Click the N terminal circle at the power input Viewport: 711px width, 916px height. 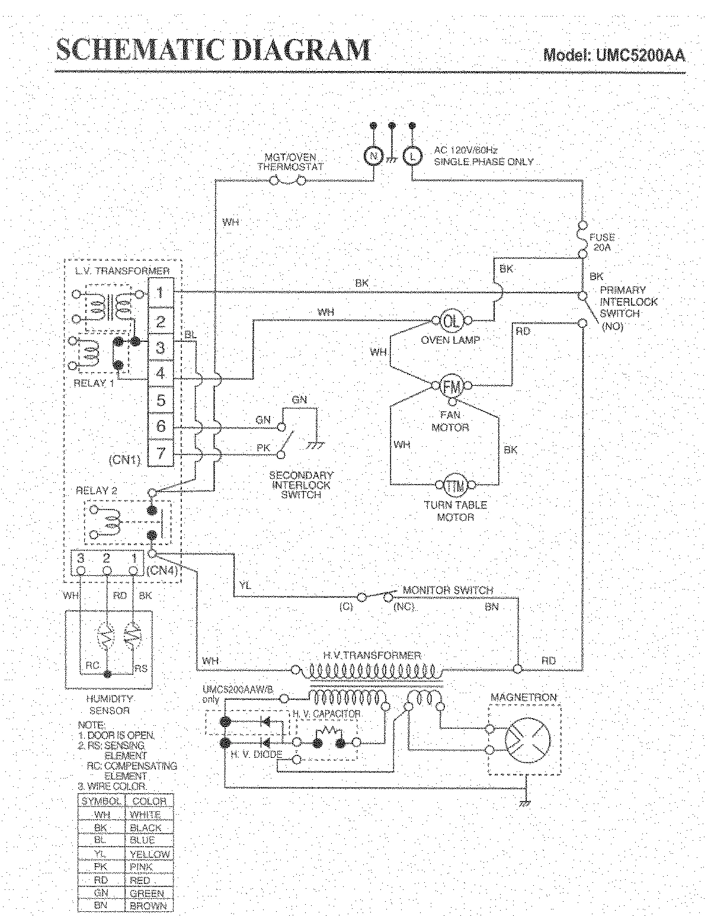tap(373, 155)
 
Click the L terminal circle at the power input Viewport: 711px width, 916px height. tap(412, 155)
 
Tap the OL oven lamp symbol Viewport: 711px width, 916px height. tap(451, 321)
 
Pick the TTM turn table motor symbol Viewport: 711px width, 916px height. tap(455, 484)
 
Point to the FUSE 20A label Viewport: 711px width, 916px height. tap(601, 242)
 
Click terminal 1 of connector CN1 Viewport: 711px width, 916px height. tap(161, 293)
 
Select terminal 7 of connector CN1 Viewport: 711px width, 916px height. tap(161, 453)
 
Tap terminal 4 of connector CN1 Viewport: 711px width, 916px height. tap(161, 373)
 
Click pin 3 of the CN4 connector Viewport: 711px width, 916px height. tap(81, 559)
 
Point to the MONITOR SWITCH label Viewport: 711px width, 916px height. tap(447, 590)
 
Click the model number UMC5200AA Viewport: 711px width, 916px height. tap(614, 55)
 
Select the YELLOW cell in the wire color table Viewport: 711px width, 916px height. tap(149, 854)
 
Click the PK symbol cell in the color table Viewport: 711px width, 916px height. tap(101, 867)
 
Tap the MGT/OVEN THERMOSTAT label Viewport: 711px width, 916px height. tap(290, 162)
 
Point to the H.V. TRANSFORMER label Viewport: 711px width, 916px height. tap(372, 655)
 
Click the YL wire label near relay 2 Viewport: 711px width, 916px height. tap(245, 585)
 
